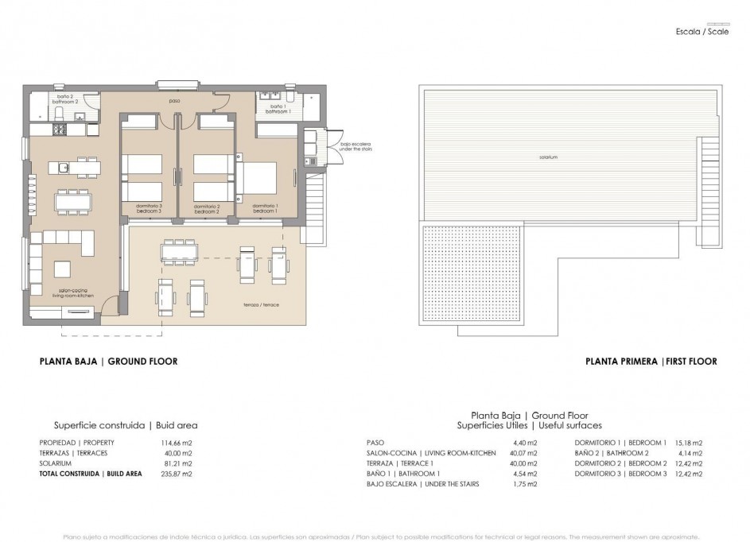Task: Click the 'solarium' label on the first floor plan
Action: click(x=547, y=157)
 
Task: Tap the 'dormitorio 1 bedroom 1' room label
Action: click(x=264, y=208)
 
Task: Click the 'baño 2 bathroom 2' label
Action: click(x=64, y=99)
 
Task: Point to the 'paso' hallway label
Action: click(x=173, y=102)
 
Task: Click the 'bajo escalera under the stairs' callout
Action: click(x=356, y=146)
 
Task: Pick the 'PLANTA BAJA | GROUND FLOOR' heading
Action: click(x=108, y=362)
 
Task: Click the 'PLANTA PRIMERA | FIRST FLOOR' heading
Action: click(x=651, y=362)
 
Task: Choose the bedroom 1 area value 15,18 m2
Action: click(x=690, y=443)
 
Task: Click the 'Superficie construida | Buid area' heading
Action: click(x=125, y=425)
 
